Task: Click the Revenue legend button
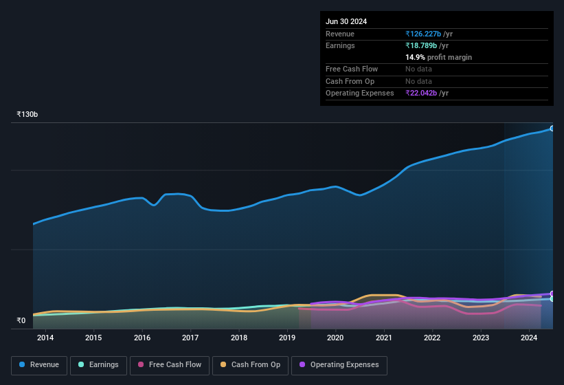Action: tap(40, 365)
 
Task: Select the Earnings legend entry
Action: tap(98, 365)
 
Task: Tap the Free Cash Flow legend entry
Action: tap(170, 365)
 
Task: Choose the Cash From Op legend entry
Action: tap(250, 365)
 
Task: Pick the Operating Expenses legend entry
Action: tap(339, 365)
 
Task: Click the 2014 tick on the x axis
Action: tap(45, 338)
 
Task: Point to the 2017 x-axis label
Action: tap(190, 338)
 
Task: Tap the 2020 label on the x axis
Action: tap(335, 338)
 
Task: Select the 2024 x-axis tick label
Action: tap(529, 338)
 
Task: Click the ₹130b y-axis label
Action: tap(27, 114)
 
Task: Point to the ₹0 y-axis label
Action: tap(21, 320)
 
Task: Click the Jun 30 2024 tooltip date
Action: tap(346, 21)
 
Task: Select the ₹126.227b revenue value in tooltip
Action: tap(427, 34)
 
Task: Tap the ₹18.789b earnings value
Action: tap(425, 45)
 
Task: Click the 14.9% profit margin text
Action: tap(438, 57)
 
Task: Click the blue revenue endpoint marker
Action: tap(552, 129)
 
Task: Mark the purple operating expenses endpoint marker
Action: tap(552, 294)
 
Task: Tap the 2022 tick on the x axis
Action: tap(432, 338)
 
